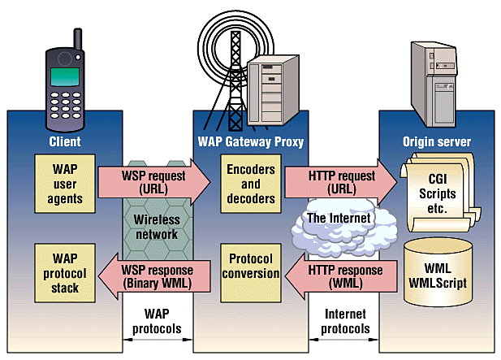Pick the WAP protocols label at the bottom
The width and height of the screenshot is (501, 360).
coord(157,322)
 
